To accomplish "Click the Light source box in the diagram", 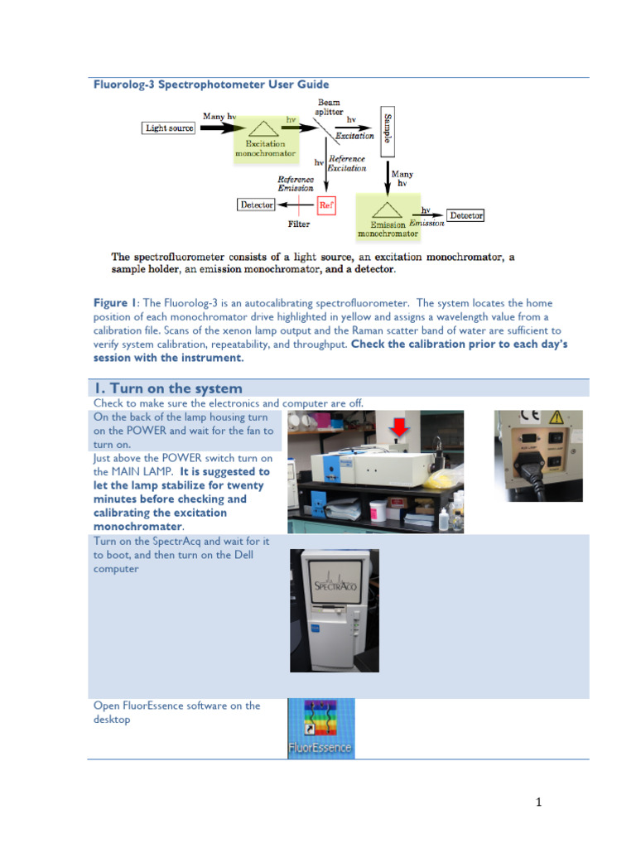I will coord(170,128).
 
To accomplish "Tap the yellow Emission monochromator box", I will coord(387,218).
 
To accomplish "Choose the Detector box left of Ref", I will coord(257,204).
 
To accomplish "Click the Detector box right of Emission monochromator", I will coord(466,215).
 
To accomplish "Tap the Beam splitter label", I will coord(328,107).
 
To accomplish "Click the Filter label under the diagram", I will coord(299,224).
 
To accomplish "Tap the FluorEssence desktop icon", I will coord(320,728).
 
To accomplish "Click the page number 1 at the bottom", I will coord(537,802).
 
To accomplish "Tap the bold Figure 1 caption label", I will coord(110,303).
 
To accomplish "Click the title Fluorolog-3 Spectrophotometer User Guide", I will coord(210,84).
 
